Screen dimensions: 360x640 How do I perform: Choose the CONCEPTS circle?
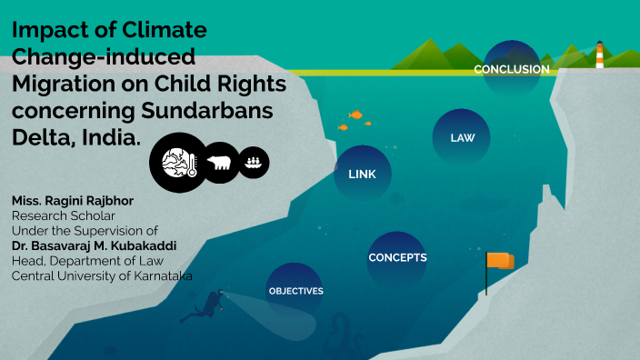[397, 257]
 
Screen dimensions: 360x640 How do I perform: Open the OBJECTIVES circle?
[295, 291]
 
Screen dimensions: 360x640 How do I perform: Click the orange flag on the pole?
[500, 261]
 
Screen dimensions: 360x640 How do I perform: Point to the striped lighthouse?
[599, 55]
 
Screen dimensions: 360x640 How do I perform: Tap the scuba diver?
[205, 306]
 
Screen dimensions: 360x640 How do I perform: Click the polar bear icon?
[219, 164]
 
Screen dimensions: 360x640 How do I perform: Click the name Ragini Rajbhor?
[90, 200]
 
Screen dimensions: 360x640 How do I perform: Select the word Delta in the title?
[42, 139]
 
